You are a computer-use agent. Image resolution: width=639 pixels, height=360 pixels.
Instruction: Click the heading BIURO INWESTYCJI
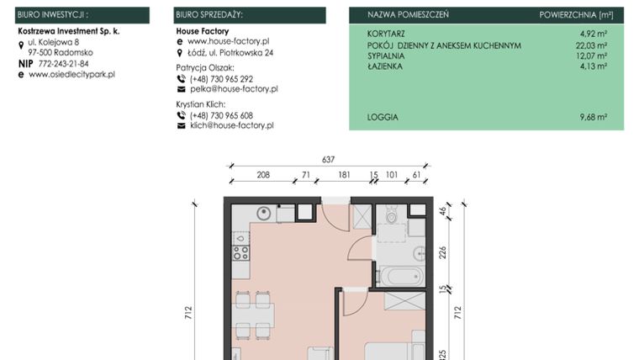[x=52, y=15]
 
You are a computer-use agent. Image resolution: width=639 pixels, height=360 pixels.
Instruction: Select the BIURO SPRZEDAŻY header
[x=209, y=15]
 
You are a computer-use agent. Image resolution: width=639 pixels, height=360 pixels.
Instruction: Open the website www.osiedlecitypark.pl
[x=71, y=74]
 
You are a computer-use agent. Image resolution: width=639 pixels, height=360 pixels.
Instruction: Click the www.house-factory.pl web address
[x=228, y=40]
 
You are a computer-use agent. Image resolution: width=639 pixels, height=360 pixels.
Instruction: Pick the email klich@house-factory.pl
[x=232, y=125]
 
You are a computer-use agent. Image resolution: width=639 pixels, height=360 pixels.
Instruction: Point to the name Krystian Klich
[x=200, y=103]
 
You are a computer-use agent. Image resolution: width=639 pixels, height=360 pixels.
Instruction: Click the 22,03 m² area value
[x=590, y=45]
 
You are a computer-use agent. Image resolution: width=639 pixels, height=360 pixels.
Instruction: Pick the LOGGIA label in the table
[x=383, y=117]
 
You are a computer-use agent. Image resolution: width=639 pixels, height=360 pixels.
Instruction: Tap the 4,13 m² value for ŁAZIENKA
[x=593, y=66]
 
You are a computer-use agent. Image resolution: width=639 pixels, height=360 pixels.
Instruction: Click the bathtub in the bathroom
[x=399, y=275]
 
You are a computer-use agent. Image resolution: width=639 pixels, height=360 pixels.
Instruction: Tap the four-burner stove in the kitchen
[x=240, y=251]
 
